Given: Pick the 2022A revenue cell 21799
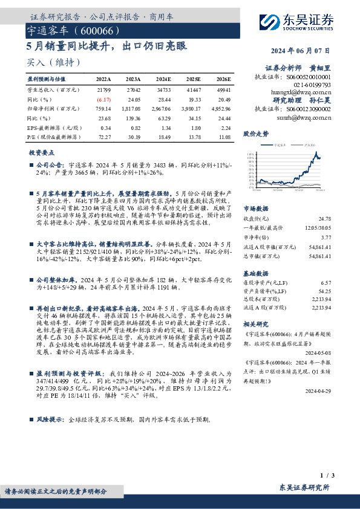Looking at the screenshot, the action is tap(104, 89).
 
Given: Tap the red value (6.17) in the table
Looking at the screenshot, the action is tap(104, 99).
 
